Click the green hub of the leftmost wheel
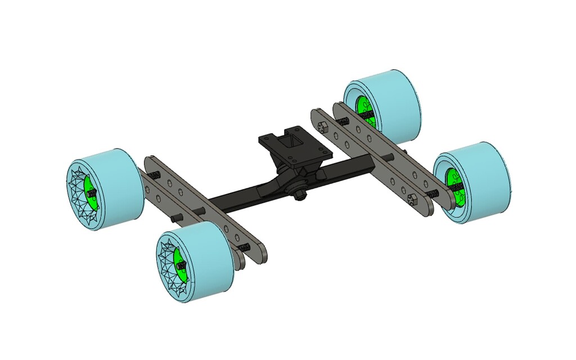point(89,193)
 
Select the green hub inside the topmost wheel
point(363,110)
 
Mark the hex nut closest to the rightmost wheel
point(412,198)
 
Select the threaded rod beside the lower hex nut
point(434,193)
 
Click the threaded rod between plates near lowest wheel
point(243,248)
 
